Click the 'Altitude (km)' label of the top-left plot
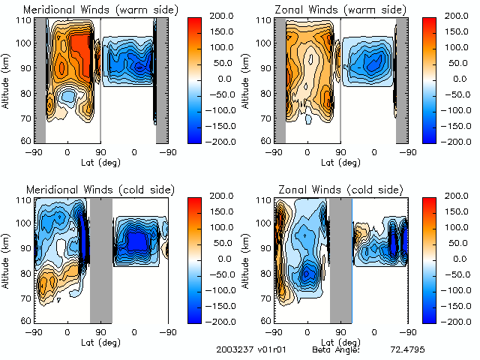click(7, 80)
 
